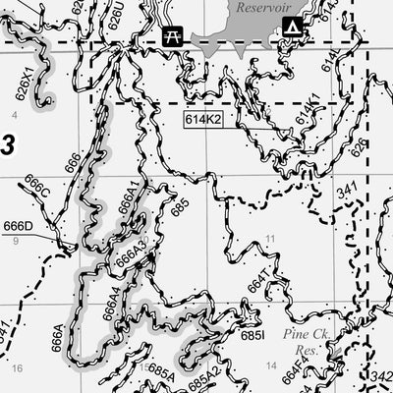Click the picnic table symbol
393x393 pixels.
click(173, 34)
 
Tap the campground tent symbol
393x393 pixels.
click(292, 27)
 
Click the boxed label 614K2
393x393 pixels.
click(202, 119)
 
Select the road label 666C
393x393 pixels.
click(36, 188)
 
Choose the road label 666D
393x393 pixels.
click(18, 226)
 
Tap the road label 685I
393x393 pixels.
click(252, 335)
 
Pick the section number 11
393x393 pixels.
click(269, 239)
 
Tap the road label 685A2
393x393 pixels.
click(206, 377)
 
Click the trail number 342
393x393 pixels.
click(382, 376)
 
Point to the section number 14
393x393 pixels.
click(271, 365)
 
